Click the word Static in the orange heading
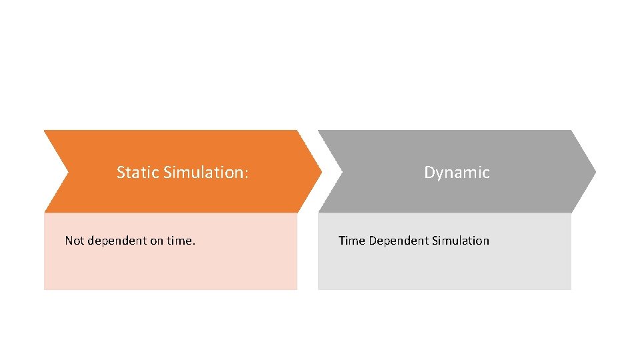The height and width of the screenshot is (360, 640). click(x=137, y=173)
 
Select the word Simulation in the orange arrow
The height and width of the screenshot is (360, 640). click(x=203, y=173)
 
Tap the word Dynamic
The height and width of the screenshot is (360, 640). click(x=457, y=173)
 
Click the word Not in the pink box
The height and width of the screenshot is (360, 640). click(x=74, y=241)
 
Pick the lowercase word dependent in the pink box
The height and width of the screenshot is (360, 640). click(x=116, y=241)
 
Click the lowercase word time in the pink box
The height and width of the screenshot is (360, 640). click(x=179, y=241)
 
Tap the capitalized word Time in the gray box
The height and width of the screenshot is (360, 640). click(x=351, y=241)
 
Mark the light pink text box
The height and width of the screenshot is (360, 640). click(x=170, y=267)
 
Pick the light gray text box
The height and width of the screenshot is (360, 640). click(x=444, y=267)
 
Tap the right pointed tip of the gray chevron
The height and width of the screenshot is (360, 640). click(x=594, y=171)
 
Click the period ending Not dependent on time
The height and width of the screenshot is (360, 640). click(x=194, y=244)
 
